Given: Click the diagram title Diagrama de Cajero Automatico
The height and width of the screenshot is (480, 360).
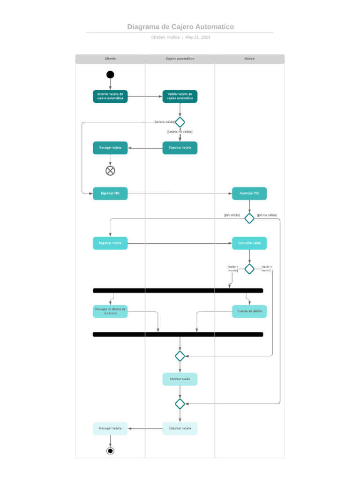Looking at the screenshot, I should tap(180, 27).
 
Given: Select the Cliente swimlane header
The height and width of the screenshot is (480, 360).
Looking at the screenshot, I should tap(110, 59).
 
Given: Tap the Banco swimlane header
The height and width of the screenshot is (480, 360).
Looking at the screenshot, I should tap(249, 59).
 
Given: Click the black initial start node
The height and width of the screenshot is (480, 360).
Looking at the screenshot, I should tap(110, 75).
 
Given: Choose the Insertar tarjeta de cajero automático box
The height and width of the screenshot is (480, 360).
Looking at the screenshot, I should tap(110, 97).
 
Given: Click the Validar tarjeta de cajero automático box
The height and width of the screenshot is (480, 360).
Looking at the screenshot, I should tap(180, 97).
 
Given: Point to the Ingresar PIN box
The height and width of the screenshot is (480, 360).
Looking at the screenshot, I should tap(110, 193).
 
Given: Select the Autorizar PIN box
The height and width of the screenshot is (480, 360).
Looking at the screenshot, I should tap(249, 193).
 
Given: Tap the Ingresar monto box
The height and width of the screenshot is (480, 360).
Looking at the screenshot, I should tap(110, 243).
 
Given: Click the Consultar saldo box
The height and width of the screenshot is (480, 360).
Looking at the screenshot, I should tap(249, 243).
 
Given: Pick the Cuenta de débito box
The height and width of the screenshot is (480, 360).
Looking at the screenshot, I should tap(249, 311).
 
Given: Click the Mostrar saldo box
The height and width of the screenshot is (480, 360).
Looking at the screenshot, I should tap(180, 379).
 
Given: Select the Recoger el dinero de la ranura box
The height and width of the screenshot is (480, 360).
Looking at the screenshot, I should tap(110, 311).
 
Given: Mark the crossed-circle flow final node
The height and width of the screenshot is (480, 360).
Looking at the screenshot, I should tap(110, 171).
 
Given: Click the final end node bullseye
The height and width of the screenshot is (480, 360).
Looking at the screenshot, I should tap(110, 451).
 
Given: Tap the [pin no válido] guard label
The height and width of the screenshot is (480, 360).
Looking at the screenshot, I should tap(267, 215).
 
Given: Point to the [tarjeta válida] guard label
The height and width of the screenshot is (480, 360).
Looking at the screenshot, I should tap(165, 122).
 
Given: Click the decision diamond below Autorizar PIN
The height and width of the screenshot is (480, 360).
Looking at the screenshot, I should tap(249, 218).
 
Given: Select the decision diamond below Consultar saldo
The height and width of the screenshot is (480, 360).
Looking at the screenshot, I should tap(249, 269).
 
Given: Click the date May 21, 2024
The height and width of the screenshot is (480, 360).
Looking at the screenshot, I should tap(198, 37).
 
